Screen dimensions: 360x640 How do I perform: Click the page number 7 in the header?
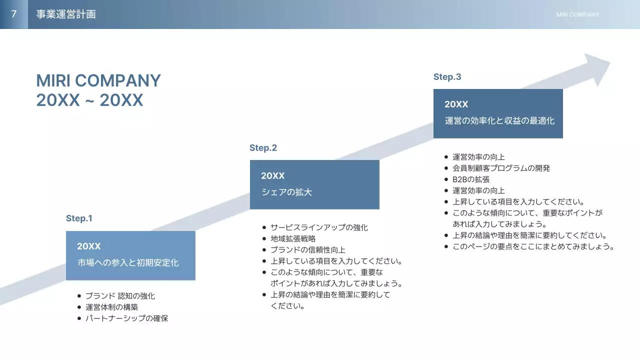pos(13,14)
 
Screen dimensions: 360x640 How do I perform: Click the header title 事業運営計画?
pos(66,14)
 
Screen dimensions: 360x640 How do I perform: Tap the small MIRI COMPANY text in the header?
pos(577,14)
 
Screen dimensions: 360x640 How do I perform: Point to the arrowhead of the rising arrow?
pos(597,67)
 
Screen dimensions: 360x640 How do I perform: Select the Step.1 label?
pos(79,218)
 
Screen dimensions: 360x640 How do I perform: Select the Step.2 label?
pos(263,148)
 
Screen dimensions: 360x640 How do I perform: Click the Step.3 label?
pos(447,77)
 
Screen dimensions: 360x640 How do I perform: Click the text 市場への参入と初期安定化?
pos(128,262)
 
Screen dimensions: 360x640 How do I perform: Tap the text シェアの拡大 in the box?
pos(286,192)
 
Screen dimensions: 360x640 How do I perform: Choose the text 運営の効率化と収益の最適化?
pos(499,120)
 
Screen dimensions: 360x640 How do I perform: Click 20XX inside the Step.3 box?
pos(456,104)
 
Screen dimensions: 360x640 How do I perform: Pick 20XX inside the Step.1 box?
pos(88,246)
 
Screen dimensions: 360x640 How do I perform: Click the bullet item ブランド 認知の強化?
pos(120,296)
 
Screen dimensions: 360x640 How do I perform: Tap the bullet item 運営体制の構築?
pos(111,307)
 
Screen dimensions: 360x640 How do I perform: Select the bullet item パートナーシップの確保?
pos(126,318)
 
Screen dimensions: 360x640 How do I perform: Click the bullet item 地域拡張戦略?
pos(293,238)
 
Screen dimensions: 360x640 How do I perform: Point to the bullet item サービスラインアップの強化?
pos(319,227)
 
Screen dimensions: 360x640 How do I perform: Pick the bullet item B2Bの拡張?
pos(471,179)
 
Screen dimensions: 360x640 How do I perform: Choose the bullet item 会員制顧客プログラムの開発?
pos(501,168)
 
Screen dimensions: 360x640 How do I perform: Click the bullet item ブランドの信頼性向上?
pos(307,249)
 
